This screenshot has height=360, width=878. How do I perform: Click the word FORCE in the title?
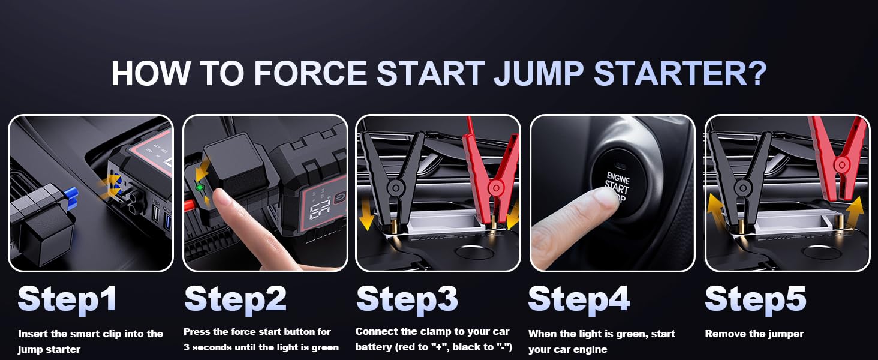tap(309, 73)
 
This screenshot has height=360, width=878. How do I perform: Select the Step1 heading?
tap(67, 299)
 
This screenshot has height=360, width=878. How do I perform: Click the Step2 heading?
tap(235, 299)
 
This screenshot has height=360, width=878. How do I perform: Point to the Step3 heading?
tap(407, 299)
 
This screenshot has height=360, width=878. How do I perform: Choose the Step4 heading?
tap(579, 299)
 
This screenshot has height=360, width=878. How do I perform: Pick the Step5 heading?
tap(755, 299)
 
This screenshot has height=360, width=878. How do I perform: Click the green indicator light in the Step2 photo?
tap(199, 188)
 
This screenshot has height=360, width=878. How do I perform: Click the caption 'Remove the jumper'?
tap(754, 334)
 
